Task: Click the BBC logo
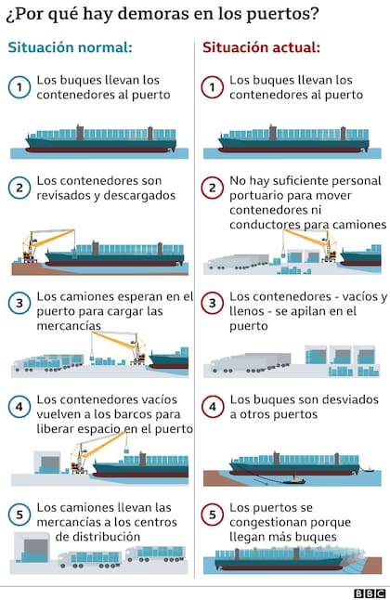point(370,593)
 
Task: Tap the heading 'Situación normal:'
point(70,47)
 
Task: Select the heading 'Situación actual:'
point(261,47)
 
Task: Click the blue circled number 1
point(19,87)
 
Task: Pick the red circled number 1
point(213,87)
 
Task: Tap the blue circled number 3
point(19,303)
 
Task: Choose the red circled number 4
point(213,407)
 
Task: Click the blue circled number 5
point(19,515)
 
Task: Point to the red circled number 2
point(213,188)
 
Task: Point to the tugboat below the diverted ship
point(294,480)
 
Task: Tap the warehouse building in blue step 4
point(47,462)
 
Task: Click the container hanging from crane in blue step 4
point(126,450)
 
